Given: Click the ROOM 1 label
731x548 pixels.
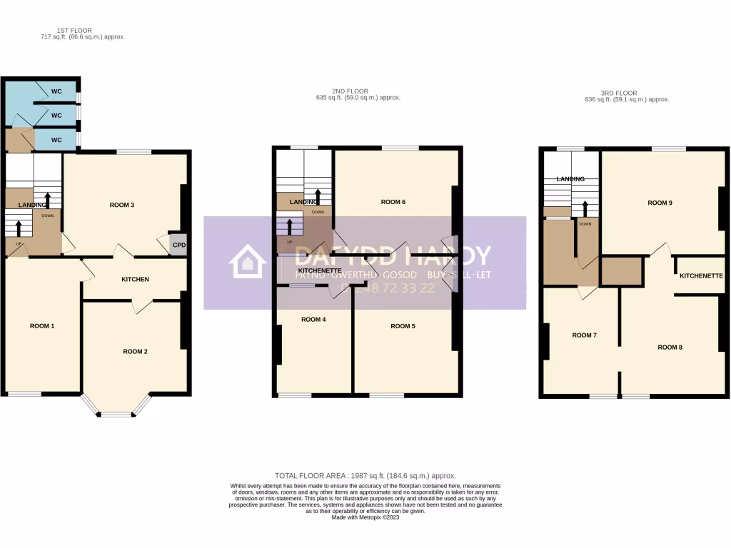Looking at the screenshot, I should [42, 326].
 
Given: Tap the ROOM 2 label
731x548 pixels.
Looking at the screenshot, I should [135, 351].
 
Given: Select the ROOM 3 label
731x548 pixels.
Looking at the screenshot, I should [122, 205].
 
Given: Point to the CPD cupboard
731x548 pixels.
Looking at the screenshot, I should [178, 244].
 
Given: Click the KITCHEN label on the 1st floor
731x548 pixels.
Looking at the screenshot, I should [135, 279].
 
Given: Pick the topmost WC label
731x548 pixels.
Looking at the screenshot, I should [56, 93].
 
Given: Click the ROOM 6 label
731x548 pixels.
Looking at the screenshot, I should [393, 202].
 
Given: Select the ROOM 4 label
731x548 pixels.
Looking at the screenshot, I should [313, 319].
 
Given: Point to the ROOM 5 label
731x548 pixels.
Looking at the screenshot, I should [403, 326].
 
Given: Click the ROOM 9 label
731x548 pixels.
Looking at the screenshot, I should [660, 203].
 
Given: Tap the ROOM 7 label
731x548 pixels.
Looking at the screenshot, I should [584, 335].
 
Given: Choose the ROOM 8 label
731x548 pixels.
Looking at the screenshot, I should [670, 347].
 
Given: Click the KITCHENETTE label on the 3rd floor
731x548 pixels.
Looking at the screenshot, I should [701, 275].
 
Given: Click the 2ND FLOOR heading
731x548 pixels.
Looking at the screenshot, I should [350, 91].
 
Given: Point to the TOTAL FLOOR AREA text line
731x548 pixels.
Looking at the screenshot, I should [365, 475].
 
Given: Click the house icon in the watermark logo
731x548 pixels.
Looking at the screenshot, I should [247, 261].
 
